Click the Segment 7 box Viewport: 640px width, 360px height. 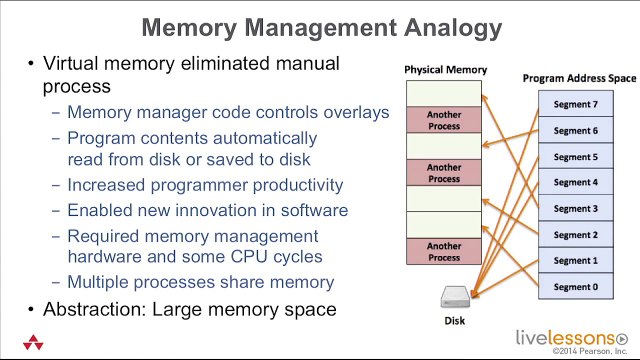point(575,105)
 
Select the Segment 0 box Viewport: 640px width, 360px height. point(575,287)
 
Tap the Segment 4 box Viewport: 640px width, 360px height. point(575,183)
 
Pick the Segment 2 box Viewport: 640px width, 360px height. point(575,235)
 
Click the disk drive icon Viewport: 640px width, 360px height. point(454,297)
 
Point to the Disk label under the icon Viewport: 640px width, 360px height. point(454,321)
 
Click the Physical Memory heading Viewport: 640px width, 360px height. point(445,70)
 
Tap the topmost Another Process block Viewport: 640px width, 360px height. point(444,120)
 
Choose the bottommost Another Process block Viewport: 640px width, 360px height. point(444,251)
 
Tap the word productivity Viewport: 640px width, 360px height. point(292,185)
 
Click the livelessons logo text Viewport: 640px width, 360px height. point(565,337)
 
